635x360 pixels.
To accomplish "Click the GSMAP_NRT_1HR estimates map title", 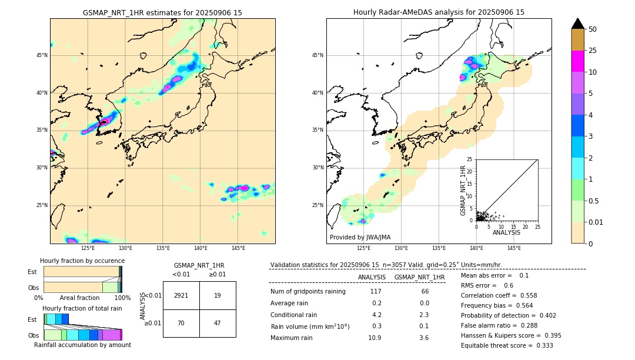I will (162, 12).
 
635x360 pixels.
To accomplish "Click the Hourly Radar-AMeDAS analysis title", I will (439, 12).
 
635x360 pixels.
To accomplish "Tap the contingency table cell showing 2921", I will (181, 295).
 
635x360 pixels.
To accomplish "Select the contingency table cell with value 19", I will (218, 295).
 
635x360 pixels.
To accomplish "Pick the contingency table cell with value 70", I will (181, 323).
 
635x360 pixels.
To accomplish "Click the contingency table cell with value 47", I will (218, 323).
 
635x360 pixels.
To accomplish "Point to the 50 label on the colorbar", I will (593, 29).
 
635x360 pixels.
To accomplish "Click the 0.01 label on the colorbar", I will (595, 222).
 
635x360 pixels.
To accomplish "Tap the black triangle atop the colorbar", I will (578, 24).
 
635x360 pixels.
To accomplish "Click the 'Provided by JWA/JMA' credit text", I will (360, 238).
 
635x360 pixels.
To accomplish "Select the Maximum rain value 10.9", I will (375, 338).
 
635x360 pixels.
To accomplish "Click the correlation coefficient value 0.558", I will (523, 295).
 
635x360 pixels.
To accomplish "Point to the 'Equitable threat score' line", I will (507, 345).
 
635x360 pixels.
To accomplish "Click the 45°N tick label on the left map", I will (42, 55).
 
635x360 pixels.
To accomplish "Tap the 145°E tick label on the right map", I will (514, 248).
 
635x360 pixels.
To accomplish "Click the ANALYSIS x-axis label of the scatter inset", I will (506, 232).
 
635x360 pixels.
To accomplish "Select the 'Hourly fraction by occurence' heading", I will (82, 261).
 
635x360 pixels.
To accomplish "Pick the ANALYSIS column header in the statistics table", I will (372, 277).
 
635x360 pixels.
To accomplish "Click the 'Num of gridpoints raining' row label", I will (308, 291).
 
